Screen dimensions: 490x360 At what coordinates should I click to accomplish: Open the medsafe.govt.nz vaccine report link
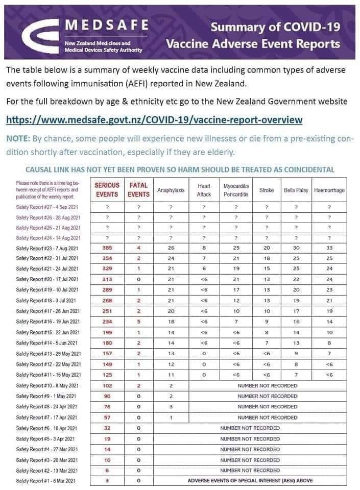154,120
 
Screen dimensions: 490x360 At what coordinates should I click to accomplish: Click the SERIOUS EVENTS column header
107,190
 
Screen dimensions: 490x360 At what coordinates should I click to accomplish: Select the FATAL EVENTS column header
138,190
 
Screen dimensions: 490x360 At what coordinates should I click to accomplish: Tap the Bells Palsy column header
296,190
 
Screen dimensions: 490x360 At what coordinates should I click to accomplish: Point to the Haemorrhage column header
329,190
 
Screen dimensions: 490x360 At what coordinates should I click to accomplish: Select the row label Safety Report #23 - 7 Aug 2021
47,248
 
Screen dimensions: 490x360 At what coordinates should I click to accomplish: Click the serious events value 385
107,248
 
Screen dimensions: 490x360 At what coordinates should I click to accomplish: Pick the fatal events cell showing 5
138,322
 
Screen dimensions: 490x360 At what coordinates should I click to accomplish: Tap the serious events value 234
107,322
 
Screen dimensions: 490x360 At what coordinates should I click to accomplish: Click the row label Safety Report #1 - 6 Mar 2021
46,481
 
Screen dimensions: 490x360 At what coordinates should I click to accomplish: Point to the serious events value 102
107,385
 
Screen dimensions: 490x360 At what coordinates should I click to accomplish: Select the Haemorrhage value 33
329,248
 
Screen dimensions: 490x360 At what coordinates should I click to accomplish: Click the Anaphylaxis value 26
171,248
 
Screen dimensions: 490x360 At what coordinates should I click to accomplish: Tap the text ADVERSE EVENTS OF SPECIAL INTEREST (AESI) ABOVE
250,481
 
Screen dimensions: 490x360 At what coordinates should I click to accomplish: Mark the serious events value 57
107,418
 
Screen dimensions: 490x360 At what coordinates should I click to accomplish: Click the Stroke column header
266,190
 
